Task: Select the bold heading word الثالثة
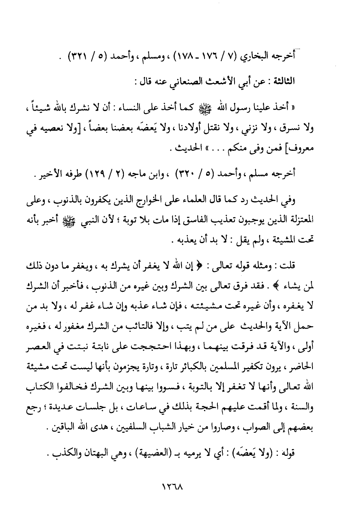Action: (281, 82)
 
